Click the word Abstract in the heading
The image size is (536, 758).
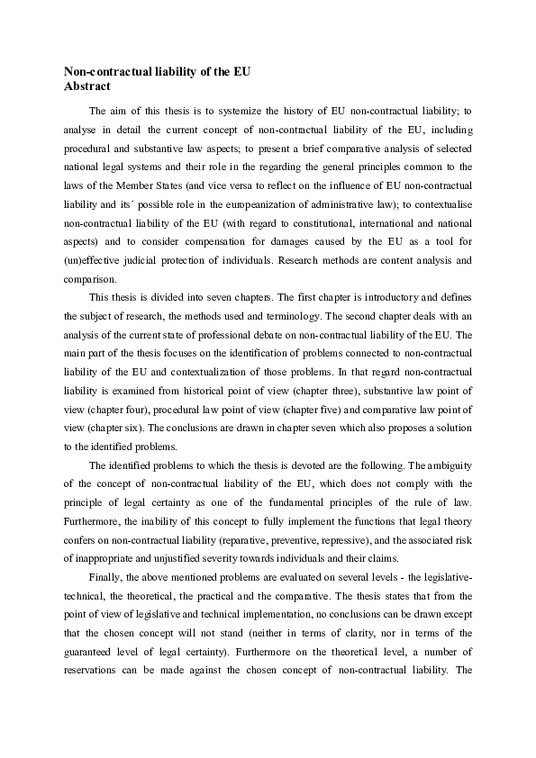[x=87, y=86]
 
